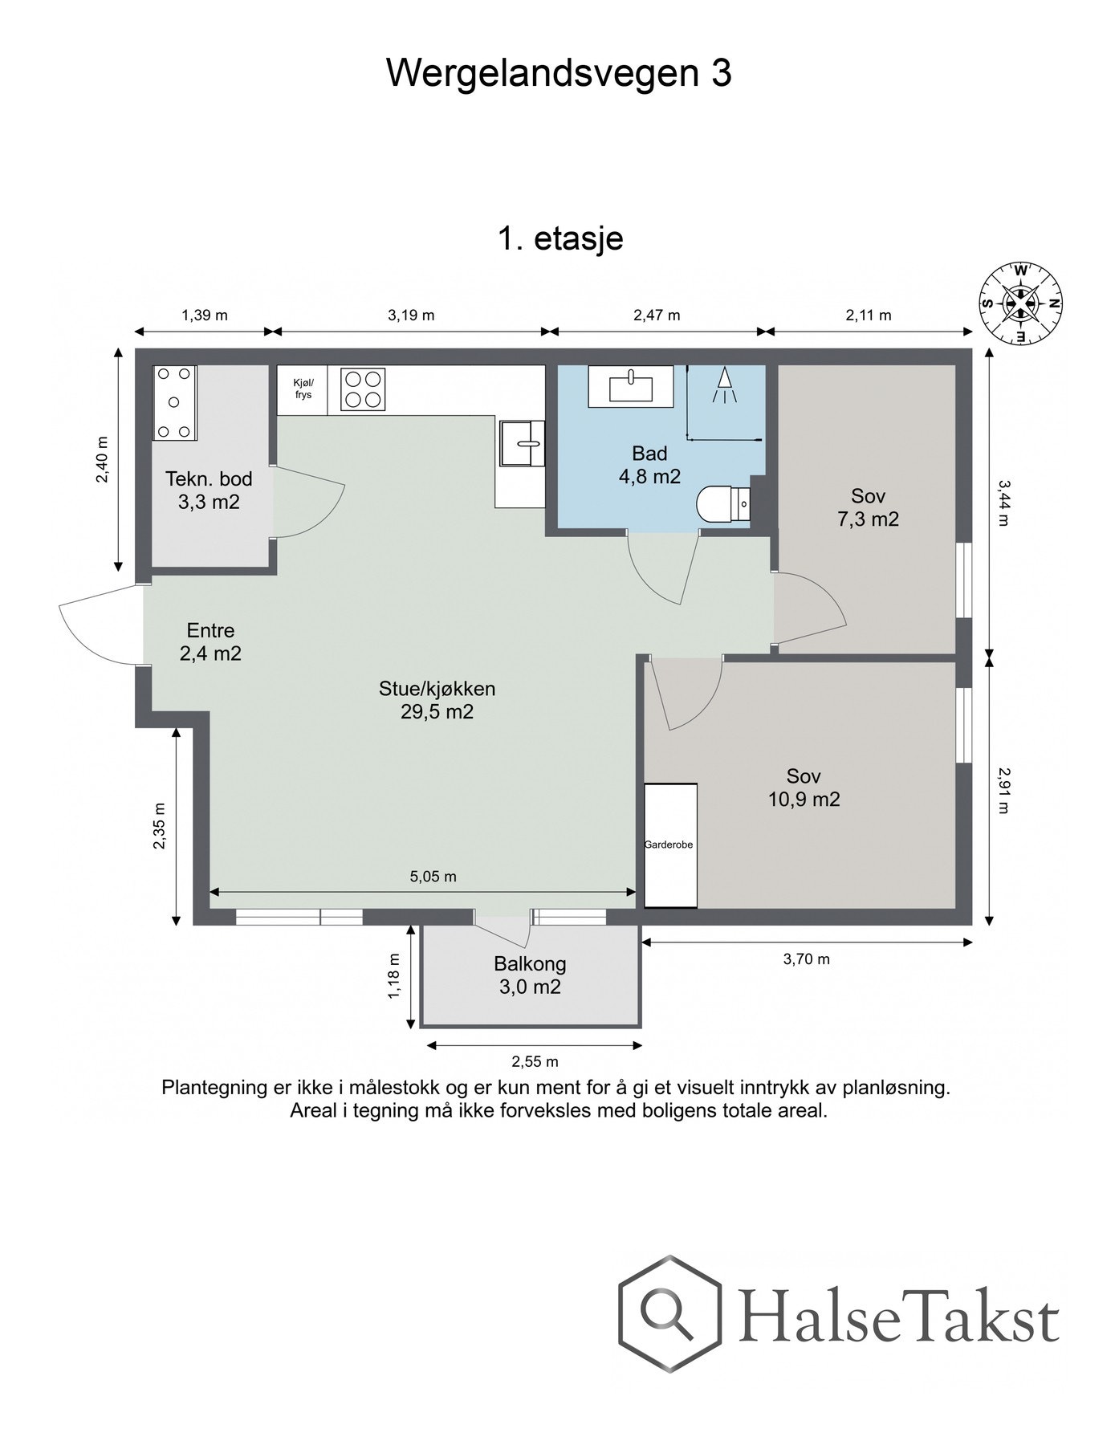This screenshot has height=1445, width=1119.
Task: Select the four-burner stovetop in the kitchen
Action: (x=363, y=389)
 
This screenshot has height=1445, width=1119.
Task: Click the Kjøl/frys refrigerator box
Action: (x=303, y=390)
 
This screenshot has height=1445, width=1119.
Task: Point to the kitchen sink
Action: (x=522, y=443)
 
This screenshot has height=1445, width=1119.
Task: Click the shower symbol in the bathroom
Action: (x=725, y=385)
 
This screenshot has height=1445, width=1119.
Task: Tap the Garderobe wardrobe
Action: (x=670, y=845)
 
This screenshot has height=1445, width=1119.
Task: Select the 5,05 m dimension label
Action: (x=433, y=877)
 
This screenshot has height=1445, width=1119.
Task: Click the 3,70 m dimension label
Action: (x=807, y=959)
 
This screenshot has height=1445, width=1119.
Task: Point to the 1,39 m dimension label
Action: (x=205, y=315)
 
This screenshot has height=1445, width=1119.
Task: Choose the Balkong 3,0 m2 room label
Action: (x=530, y=975)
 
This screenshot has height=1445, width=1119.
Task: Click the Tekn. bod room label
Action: (x=209, y=479)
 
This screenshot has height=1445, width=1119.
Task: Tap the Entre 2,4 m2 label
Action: (x=210, y=642)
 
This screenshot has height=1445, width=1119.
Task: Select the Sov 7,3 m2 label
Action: (x=868, y=507)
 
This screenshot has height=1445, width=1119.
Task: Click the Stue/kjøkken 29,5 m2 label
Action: (x=437, y=700)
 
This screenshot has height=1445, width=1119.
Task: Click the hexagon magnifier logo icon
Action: (x=669, y=1313)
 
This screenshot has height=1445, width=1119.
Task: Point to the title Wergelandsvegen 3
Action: (x=559, y=73)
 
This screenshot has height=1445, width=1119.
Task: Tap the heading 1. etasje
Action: (x=560, y=238)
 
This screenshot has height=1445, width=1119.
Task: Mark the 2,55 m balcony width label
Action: (x=535, y=1062)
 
